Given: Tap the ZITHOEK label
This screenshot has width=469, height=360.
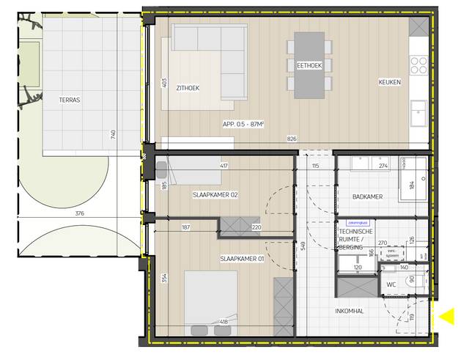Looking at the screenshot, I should coord(188,89).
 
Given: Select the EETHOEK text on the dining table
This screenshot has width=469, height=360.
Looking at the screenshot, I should coord(309,65).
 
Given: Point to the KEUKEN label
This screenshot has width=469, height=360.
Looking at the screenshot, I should coord(389,82).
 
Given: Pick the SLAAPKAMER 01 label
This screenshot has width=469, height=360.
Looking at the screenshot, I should coord(243,260).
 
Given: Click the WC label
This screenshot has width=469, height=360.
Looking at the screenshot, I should coord(391,284).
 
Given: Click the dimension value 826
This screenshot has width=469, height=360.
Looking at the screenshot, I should coord(292,139).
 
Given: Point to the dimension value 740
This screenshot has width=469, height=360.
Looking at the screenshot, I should coord(112,135).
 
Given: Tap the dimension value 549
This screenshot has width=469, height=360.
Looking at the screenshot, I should coord(302,247).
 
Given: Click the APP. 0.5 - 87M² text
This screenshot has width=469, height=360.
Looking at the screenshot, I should coord(243,125).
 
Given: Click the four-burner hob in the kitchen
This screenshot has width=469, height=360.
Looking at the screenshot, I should coord(419,65).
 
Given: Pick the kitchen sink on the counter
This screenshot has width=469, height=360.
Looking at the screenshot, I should coord(419,111).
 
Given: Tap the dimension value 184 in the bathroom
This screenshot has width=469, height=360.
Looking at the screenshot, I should coord(412,183).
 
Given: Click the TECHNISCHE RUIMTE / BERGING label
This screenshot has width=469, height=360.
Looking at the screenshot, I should coord(355,240).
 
